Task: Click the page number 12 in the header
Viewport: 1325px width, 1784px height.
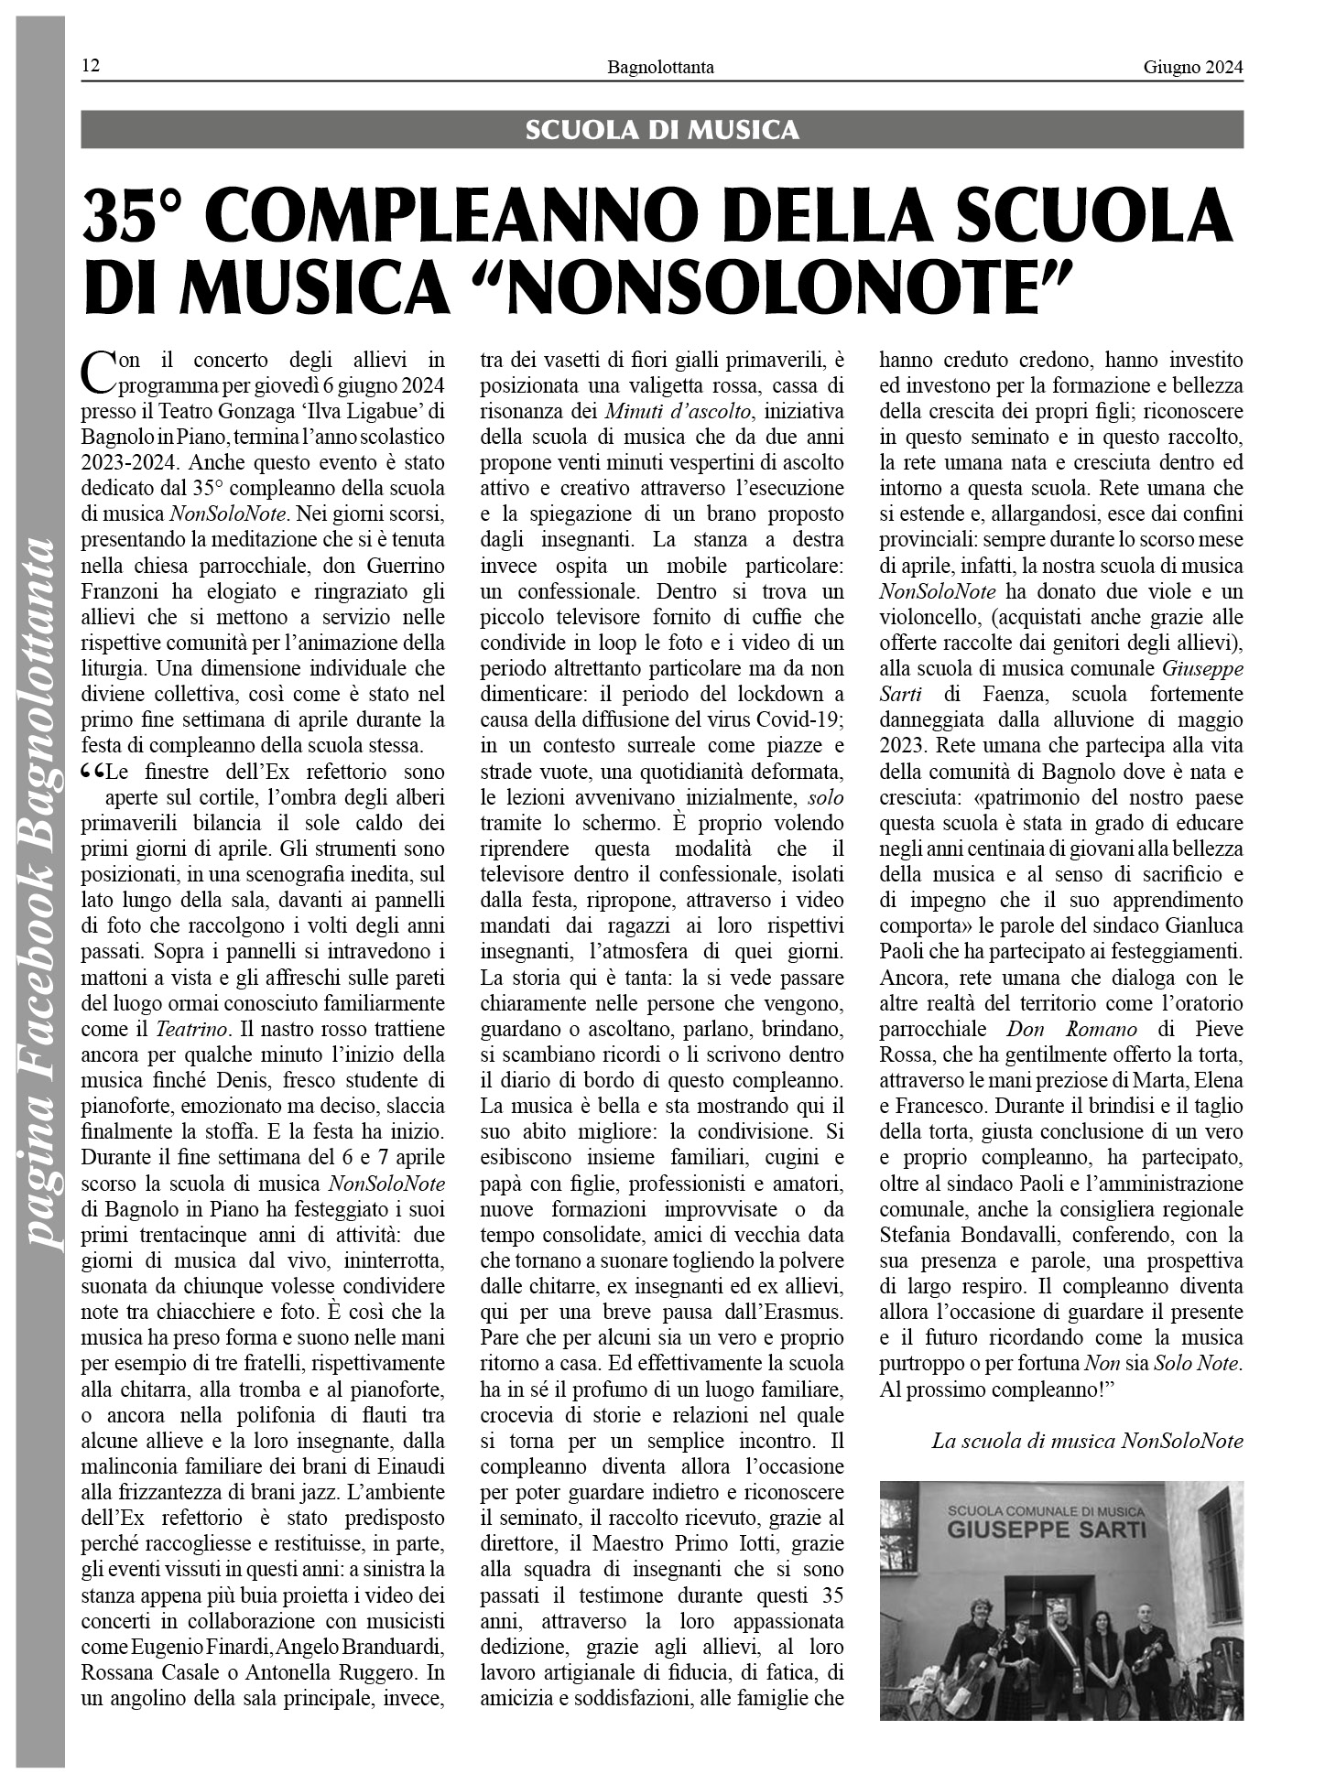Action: tap(91, 66)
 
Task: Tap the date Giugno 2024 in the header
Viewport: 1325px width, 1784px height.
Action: tap(1192, 66)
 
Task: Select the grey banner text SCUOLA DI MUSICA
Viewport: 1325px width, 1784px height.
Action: tap(661, 130)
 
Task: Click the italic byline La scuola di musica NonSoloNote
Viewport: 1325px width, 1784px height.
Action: tap(1087, 1441)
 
